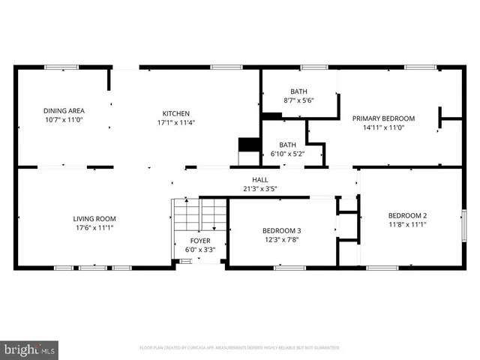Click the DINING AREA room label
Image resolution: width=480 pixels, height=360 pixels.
click(63, 110)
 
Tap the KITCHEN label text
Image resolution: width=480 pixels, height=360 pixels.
click(176, 113)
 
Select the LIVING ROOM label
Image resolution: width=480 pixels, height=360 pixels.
click(94, 219)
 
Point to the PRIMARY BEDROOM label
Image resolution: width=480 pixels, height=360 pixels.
click(383, 118)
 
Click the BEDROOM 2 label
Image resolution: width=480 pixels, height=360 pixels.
click(407, 215)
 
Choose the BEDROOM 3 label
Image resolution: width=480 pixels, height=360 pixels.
click(281, 230)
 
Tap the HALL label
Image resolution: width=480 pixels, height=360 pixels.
click(259, 179)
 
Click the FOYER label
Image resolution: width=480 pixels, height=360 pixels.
click(199, 241)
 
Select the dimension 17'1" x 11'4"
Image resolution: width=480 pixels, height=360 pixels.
click(176, 122)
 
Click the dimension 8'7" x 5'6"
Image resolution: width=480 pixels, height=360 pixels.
click(298, 100)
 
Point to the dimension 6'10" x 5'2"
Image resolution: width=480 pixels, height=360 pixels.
click(288, 154)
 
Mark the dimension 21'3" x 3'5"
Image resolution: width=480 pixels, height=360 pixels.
click(259, 188)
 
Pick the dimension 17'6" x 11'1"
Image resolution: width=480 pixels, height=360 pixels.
click(94, 228)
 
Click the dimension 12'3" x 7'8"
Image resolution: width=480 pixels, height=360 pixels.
click(281, 239)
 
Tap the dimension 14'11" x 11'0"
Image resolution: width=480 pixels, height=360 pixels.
click(383, 127)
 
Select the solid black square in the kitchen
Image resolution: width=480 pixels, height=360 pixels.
click(247, 145)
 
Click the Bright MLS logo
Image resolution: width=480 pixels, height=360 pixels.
click(30, 349)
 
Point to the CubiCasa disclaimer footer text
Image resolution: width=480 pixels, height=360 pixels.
click(240, 348)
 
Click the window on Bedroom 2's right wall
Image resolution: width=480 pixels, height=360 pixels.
click(463, 223)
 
